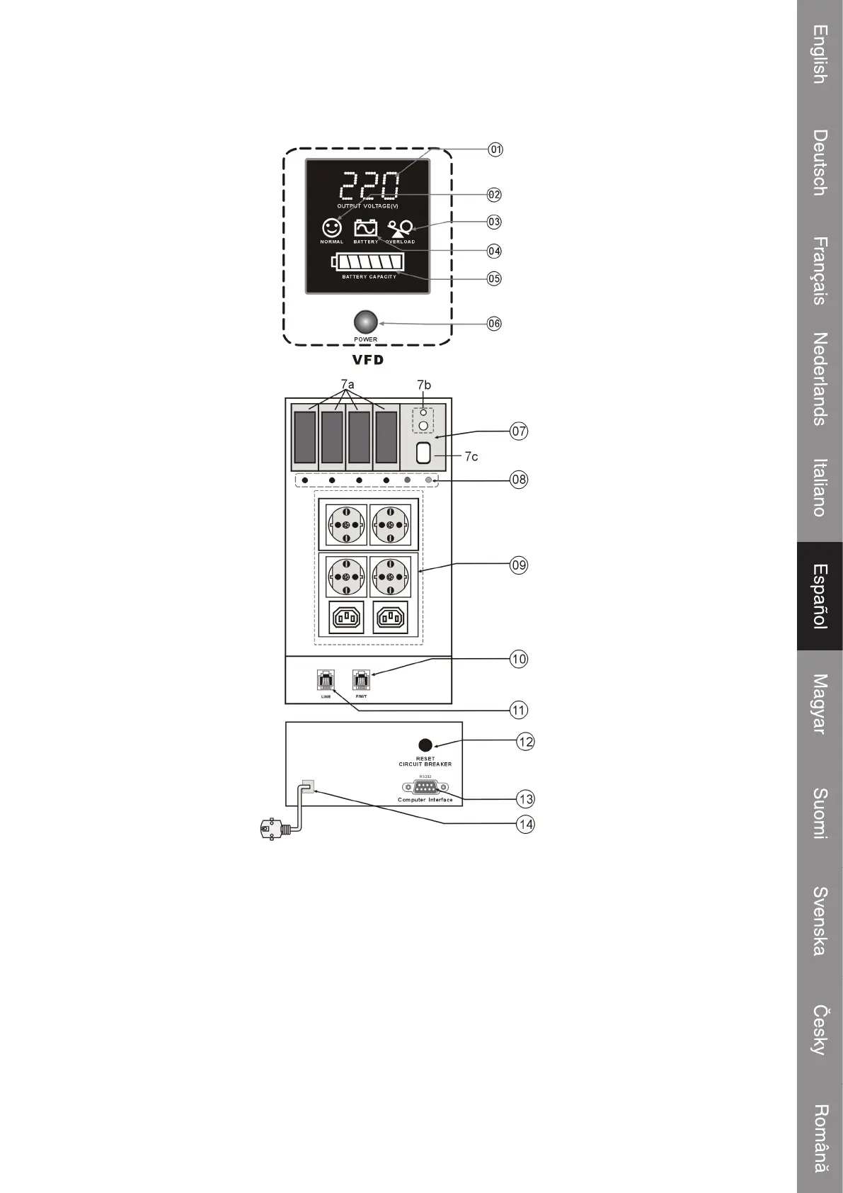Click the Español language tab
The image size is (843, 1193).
(820, 596)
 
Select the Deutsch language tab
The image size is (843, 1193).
(820, 162)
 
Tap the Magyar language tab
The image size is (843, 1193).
(820, 703)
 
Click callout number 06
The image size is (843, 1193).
(494, 324)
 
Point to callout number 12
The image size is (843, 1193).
(525, 742)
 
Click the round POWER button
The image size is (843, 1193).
(365, 322)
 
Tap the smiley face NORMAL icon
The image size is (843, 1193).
(331, 228)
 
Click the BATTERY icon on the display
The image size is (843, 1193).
(366, 228)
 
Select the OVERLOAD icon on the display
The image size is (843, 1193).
(401, 228)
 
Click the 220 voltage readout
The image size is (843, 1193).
(369, 187)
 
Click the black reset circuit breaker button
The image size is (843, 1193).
(425, 745)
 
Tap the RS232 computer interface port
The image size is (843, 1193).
(425, 787)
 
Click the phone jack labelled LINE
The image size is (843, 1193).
(326, 680)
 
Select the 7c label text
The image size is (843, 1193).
(471, 457)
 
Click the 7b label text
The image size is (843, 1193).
(423, 385)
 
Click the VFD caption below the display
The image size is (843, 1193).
(368, 360)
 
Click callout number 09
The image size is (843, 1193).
(519, 565)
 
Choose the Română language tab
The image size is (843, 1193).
(820, 1138)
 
